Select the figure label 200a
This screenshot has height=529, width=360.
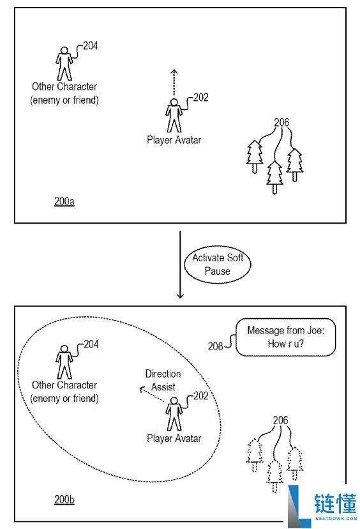(64, 201)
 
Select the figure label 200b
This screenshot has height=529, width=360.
(64, 500)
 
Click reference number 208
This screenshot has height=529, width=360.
(215, 346)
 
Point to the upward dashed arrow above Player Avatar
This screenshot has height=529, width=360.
(174, 82)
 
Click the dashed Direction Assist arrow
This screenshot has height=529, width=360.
(151, 394)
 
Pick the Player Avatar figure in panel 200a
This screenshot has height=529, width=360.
(174, 116)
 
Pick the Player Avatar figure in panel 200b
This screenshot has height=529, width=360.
(174, 414)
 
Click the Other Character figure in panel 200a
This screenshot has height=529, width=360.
(64, 63)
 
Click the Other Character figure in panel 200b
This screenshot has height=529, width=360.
(64, 362)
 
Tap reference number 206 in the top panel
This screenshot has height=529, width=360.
(281, 122)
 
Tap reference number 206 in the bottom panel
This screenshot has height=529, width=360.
(280, 420)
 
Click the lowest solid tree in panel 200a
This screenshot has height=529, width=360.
(274, 178)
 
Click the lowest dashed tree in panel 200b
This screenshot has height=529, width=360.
(274, 476)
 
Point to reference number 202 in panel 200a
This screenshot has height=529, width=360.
(201, 98)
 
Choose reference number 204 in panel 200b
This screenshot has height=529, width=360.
(91, 344)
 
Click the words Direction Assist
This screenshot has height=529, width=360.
(163, 380)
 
